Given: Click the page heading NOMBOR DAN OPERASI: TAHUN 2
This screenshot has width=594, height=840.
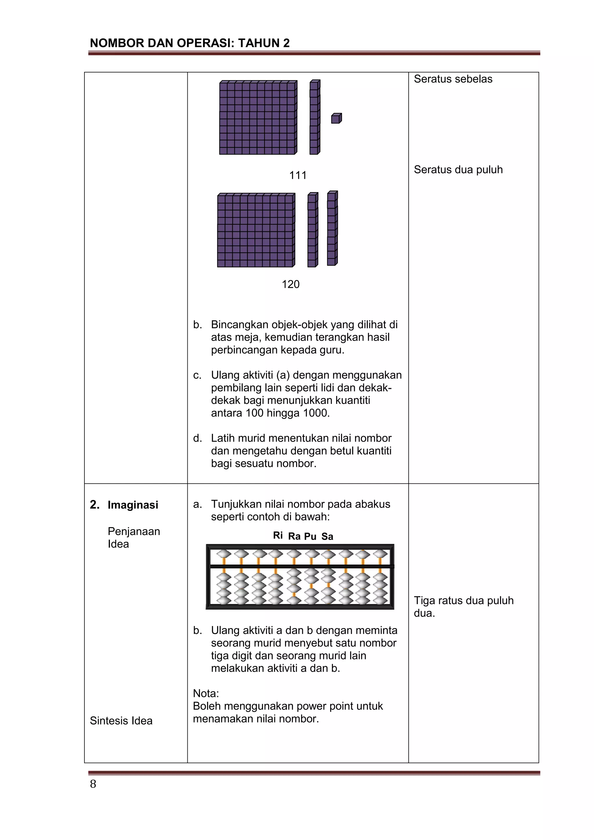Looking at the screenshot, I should (x=189, y=43).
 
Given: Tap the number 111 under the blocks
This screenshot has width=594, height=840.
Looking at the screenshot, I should (x=298, y=175).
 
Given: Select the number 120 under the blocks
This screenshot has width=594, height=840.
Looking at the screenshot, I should (x=290, y=284).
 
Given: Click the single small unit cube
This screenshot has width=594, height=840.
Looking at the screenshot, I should (x=336, y=119).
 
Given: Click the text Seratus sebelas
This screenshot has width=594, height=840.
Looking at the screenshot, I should (x=453, y=79).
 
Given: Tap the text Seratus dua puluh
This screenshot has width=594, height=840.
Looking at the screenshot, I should (x=458, y=170).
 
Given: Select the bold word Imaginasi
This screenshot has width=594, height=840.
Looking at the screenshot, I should (x=133, y=505).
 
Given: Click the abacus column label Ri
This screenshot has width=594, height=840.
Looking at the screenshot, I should (x=278, y=536).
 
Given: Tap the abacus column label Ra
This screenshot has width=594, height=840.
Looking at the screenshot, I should (x=294, y=536).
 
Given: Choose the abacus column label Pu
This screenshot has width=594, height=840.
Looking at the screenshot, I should (x=310, y=536).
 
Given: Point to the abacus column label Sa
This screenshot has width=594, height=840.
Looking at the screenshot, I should (x=327, y=536).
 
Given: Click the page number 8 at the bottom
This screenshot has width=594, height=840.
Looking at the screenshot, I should (x=93, y=784).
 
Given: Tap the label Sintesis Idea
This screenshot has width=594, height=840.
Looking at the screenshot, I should (x=121, y=721).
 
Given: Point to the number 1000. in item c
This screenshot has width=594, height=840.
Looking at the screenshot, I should (x=316, y=413).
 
